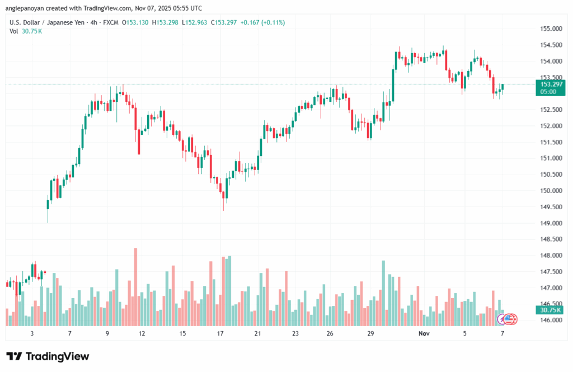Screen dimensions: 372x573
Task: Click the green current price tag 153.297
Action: click(549, 84)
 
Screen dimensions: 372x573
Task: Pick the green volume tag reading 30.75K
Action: click(549, 309)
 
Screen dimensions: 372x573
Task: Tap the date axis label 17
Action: click(220, 333)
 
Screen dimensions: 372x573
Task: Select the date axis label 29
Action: click(370, 333)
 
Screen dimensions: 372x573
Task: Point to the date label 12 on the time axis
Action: click(142, 333)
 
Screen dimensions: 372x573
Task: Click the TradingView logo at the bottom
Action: click(48, 356)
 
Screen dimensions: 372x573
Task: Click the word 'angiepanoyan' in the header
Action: click(27, 8)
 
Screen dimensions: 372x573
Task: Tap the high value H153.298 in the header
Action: click(156, 22)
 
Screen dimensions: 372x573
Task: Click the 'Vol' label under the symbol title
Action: click(14, 31)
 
